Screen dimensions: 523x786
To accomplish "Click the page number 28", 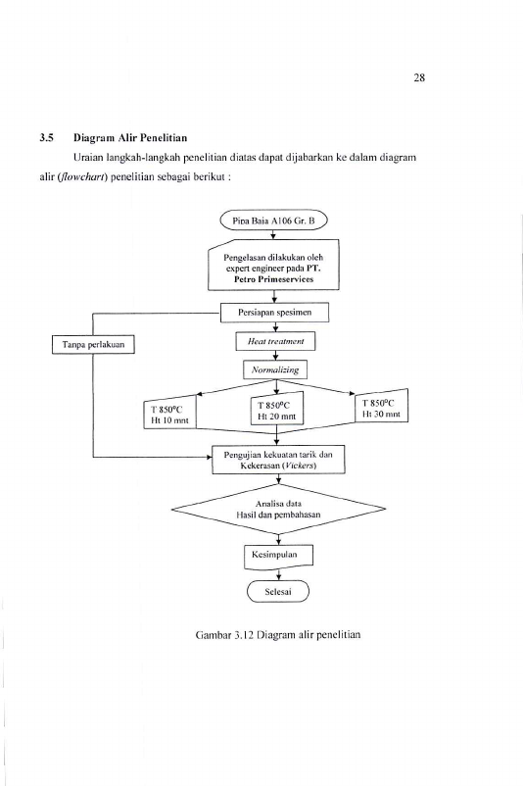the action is click(x=419, y=77).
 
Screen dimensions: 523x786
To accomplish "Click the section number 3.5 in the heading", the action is click(x=47, y=138).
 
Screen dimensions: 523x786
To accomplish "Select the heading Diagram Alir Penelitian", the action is click(x=130, y=138).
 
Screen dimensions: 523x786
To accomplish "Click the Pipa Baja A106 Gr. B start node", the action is click(x=273, y=221).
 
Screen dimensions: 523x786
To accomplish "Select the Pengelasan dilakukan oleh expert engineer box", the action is click(x=273, y=266).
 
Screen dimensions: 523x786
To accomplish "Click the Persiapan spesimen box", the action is click(x=274, y=313).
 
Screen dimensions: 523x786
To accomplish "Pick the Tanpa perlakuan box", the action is click(x=93, y=344).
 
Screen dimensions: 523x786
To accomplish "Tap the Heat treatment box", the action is click(x=275, y=341).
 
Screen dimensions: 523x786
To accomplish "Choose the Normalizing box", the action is click(x=275, y=369).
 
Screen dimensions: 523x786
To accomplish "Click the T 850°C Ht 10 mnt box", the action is click(x=169, y=414).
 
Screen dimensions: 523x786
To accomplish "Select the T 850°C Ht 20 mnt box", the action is click(x=277, y=410).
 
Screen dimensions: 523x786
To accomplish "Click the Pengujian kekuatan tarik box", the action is click(x=278, y=460).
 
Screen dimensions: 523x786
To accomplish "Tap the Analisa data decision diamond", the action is click(x=278, y=509).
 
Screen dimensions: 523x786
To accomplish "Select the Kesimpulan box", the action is click(x=278, y=557).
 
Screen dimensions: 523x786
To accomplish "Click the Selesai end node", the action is click(x=278, y=592).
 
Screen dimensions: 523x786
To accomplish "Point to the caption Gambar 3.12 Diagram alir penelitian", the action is click(x=278, y=635).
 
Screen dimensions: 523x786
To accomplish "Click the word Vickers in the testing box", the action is click(x=300, y=466).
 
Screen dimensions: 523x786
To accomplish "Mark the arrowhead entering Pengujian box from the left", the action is click(x=209, y=457).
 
